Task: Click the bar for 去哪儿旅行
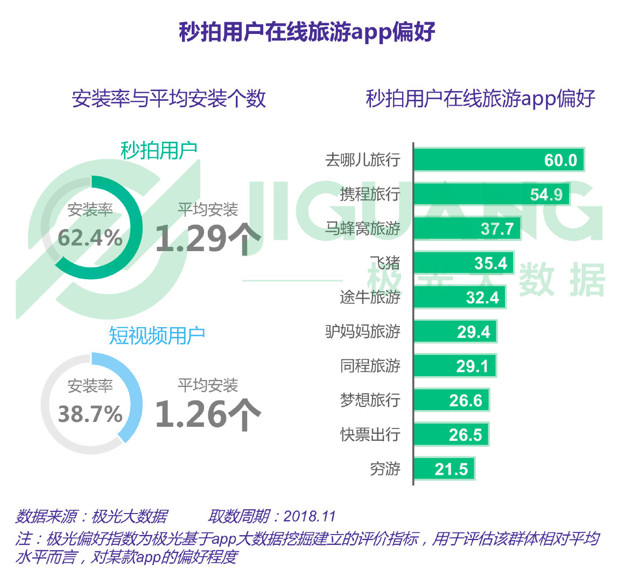click(x=498, y=160)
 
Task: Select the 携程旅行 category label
click(x=369, y=194)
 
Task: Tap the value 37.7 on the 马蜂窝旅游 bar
click(x=496, y=229)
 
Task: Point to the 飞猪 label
click(x=384, y=263)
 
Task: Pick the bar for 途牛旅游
click(x=459, y=297)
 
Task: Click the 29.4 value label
click(x=473, y=332)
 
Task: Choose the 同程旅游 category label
click(x=369, y=366)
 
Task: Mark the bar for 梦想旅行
click(x=451, y=400)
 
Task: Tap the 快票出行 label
click(x=369, y=434)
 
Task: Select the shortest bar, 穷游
click(x=444, y=469)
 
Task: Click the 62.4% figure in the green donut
click(x=90, y=238)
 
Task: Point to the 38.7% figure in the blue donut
click(x=90, y=414)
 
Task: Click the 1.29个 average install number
click(x=208, y=239)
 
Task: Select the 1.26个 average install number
click(x=208, y=414)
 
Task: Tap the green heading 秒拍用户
click(x=158, y=150)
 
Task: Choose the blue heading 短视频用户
click(x=157, y=335)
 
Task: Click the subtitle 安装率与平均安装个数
click(x=168, y=99)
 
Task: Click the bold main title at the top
click(x=307, y=33)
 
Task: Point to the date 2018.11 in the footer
click(x=309, y=516)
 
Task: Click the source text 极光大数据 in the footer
click(x=129, y=516)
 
